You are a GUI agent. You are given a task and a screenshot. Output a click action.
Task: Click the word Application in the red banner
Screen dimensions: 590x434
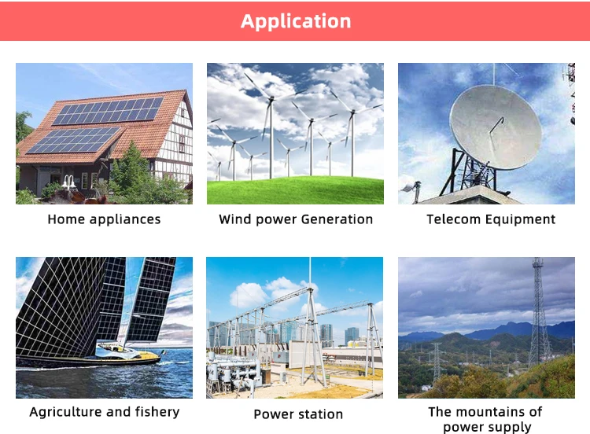coord(296,21)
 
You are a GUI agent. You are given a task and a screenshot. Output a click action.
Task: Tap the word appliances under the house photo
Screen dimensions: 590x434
coord(125,219)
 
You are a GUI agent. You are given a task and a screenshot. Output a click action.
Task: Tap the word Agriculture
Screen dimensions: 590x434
coord(66,412)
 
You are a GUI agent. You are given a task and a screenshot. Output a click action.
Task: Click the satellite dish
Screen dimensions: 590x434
coord(496,127)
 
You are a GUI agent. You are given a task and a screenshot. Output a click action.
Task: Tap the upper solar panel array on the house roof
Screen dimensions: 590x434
coord(108,111)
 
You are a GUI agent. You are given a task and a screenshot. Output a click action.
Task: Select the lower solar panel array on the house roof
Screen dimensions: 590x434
coord(72,140)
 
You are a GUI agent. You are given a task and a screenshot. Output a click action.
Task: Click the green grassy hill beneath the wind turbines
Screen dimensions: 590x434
coord(295,190)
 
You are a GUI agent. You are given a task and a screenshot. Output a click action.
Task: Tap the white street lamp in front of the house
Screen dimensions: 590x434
coord(68,182)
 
